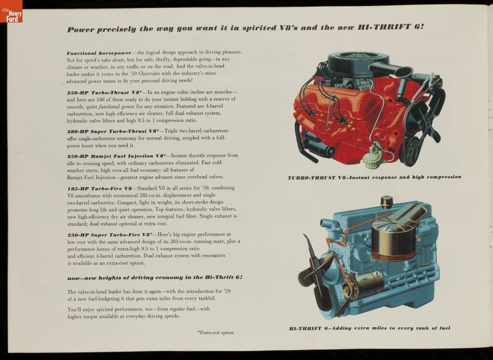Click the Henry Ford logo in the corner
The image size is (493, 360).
point(11,11)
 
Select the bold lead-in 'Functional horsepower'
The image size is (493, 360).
point(99,53)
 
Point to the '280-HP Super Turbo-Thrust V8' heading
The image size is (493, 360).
point(113,131)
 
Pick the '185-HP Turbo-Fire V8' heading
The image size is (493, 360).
point(100,189)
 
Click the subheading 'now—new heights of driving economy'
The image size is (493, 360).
point(155,278)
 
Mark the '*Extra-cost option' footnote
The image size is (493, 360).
point(215,333)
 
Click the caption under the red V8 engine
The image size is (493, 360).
point(374,177)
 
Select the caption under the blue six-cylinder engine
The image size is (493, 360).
point(369,328)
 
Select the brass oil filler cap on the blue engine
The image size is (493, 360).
point(386,202)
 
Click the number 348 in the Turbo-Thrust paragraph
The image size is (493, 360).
point(100,99)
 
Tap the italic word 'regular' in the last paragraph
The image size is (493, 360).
point(177,309)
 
